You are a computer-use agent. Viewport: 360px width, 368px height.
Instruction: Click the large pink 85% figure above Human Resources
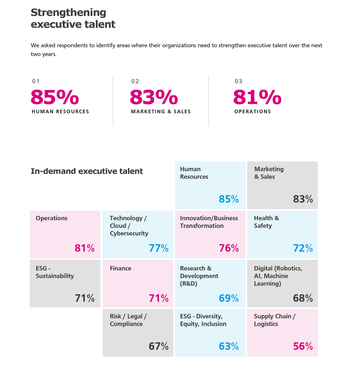pos(55,97)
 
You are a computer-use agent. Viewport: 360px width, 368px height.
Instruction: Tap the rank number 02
pos(135,81)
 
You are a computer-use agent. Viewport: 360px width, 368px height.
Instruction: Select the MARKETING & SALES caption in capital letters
pos(161,112)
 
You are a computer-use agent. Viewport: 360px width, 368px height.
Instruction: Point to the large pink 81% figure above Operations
pos(257,97)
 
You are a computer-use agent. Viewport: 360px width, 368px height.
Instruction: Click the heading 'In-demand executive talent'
pos(87,171)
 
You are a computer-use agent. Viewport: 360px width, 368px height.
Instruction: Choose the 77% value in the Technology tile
pos(159,248)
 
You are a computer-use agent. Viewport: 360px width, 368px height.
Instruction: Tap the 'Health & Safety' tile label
pos(266,222)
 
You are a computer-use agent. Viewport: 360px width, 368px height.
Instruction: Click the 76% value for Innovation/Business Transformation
pos(229,248)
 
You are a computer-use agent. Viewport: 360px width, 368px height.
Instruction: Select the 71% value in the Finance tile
pos(159,298)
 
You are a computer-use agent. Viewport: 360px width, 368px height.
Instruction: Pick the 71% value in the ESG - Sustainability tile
pos(85,298)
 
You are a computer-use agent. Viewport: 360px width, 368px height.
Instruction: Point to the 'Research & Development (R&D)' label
pos(199,276)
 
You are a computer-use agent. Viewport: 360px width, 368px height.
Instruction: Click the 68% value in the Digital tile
pos(303,298)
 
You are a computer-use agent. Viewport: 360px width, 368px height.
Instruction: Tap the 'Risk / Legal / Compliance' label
pos(128,320)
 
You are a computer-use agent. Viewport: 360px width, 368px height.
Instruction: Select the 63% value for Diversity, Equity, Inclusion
pos(229,346)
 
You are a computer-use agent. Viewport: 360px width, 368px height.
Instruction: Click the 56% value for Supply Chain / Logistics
pos(303,346)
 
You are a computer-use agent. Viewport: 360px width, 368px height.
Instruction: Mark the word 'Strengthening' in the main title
pos(68,13)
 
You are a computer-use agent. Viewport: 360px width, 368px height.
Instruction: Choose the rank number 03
pos(238,81)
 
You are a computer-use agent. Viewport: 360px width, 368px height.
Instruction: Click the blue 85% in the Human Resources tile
pos(229,199)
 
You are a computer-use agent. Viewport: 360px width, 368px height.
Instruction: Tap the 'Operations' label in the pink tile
pos(51,218)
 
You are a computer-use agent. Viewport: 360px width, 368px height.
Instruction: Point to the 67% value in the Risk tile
pos(159,346)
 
